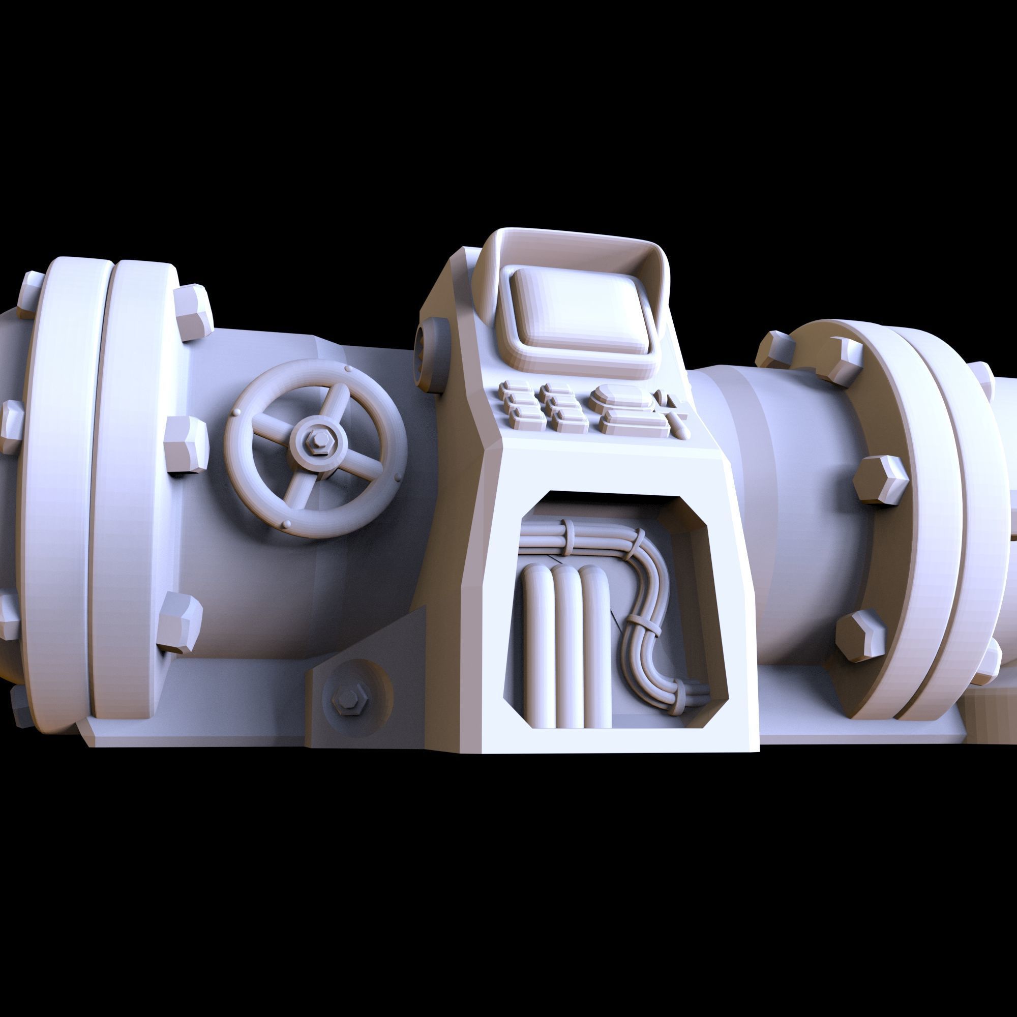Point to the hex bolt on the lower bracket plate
348,700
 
